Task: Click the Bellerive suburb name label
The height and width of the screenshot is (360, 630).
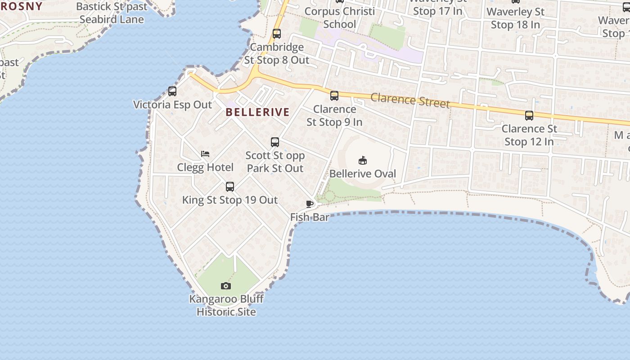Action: coord(257,112)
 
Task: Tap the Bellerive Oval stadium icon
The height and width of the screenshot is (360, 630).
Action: coord(363,160)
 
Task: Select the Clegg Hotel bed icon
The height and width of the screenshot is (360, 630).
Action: coord(205,154)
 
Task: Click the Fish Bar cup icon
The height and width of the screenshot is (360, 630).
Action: coord(310,204)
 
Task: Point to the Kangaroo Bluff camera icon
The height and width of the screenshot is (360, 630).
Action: coord(226,286)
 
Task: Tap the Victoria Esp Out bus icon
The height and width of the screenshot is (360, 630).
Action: coord(172,91)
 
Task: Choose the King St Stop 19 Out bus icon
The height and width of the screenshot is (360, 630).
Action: coord(230,186)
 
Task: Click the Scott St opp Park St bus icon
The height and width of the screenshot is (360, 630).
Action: coord(275,142)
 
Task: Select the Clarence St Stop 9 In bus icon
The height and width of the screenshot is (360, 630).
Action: coord(334,96)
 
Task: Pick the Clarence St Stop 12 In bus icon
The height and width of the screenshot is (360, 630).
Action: coord(529,116)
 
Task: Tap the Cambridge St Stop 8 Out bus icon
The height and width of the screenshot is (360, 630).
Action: coord(277,34)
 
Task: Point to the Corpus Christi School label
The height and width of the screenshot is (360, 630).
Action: coord(340,18)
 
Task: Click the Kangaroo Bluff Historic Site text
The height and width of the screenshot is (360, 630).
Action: coord(226,305)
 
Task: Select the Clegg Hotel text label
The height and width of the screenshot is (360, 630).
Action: coord(205,167)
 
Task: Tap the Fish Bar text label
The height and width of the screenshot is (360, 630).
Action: coord(310,217)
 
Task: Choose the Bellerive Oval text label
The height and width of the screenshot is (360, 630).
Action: coord(363,174)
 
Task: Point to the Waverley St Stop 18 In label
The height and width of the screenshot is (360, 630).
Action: coord(515,18)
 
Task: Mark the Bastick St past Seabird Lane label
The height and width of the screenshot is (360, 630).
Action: coord(112,13)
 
